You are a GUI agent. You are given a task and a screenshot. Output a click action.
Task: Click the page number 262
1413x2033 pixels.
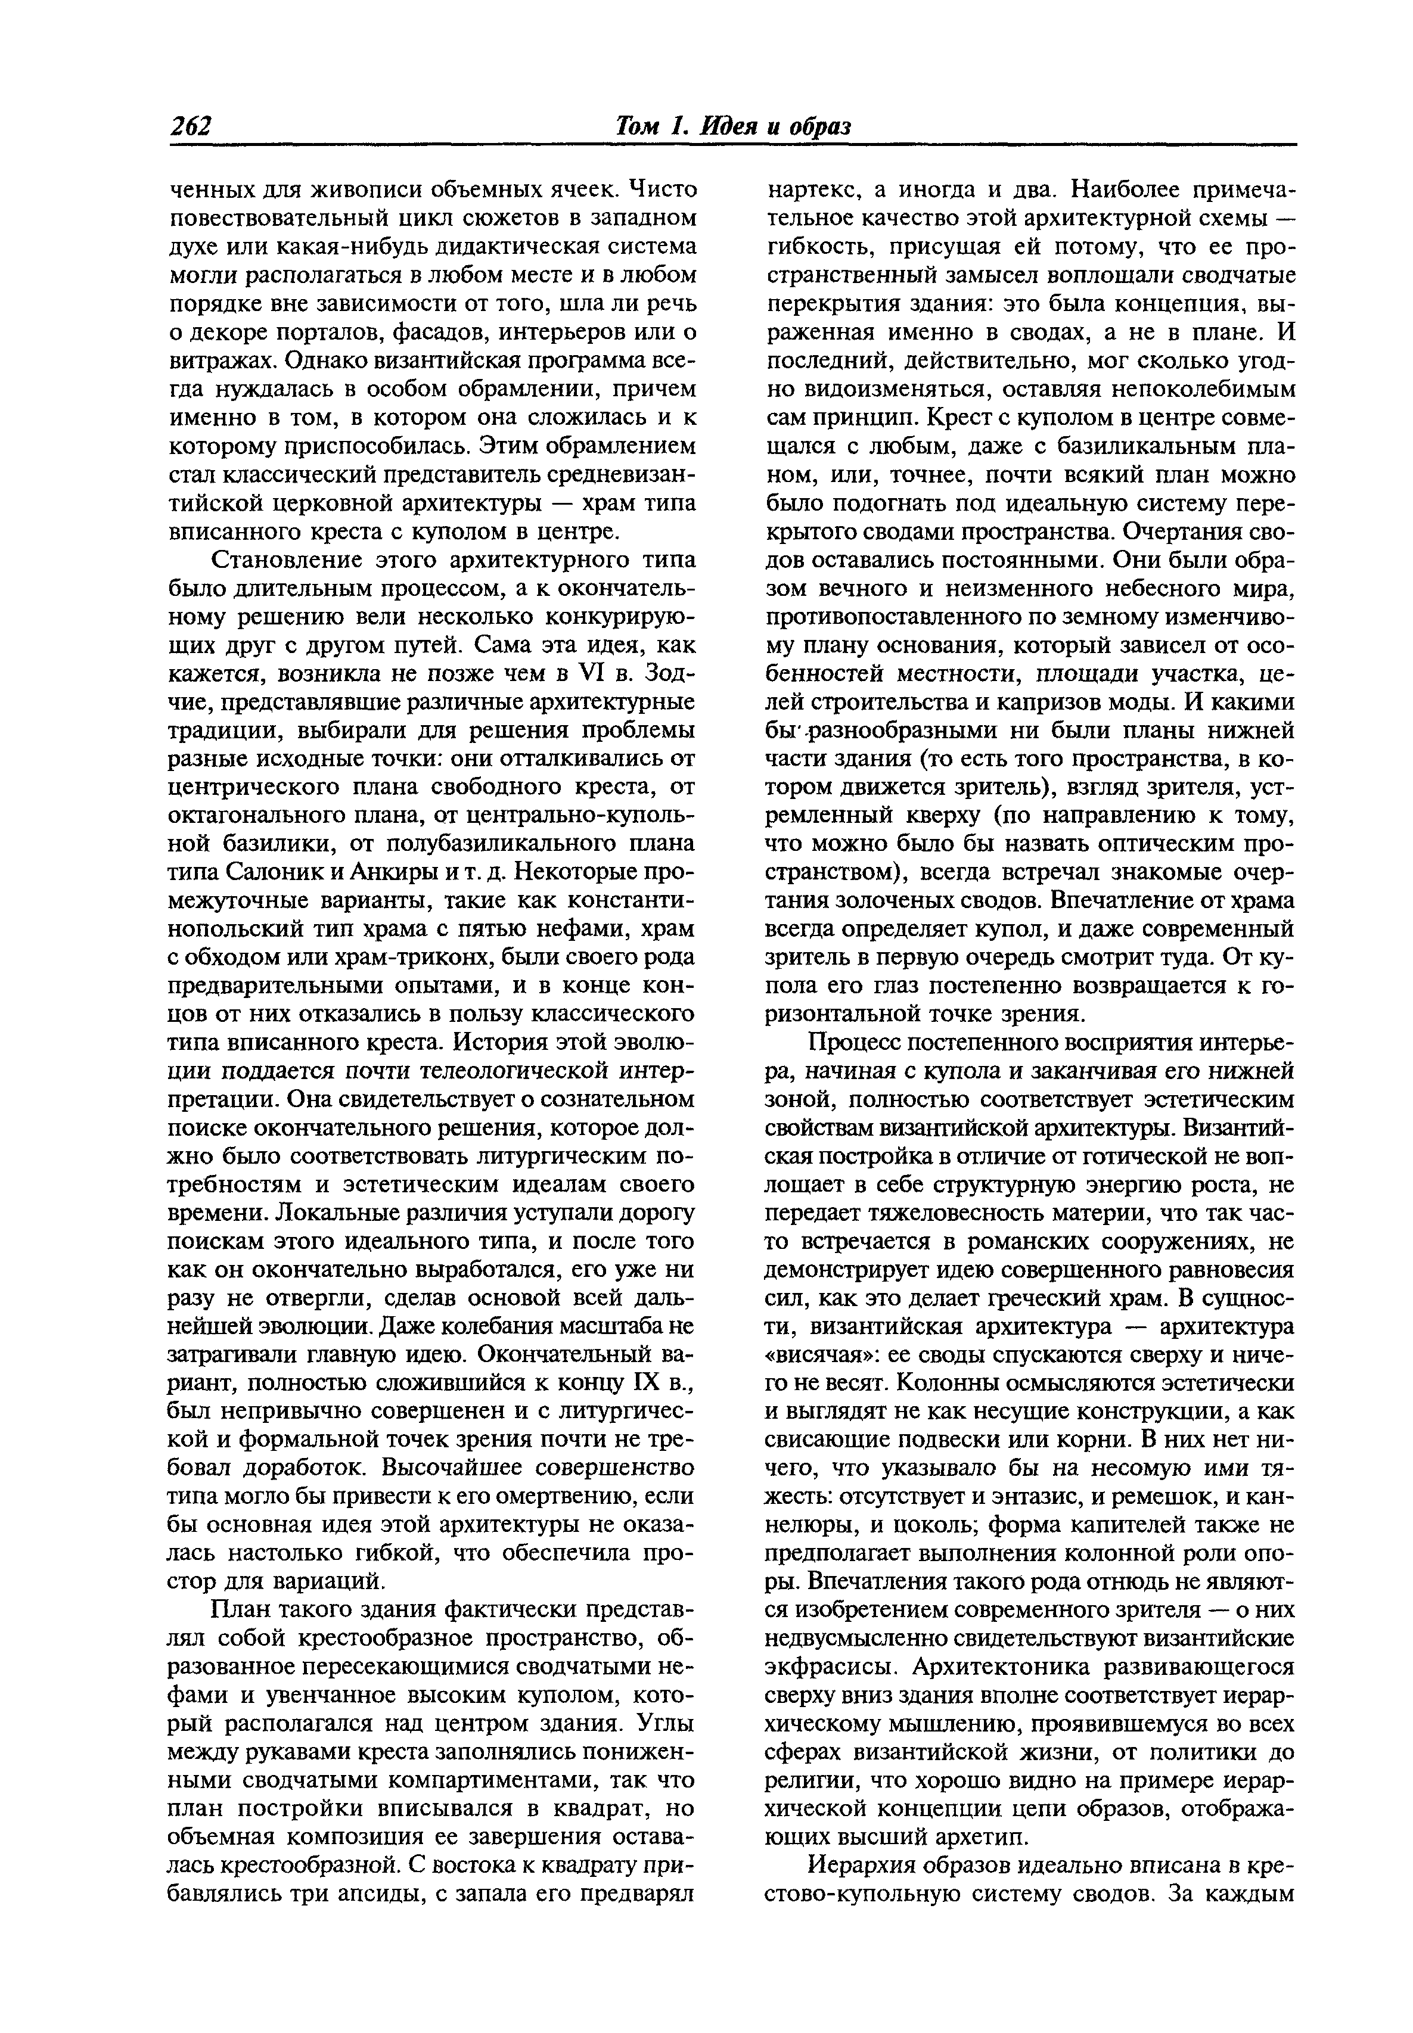coord(191,126)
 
